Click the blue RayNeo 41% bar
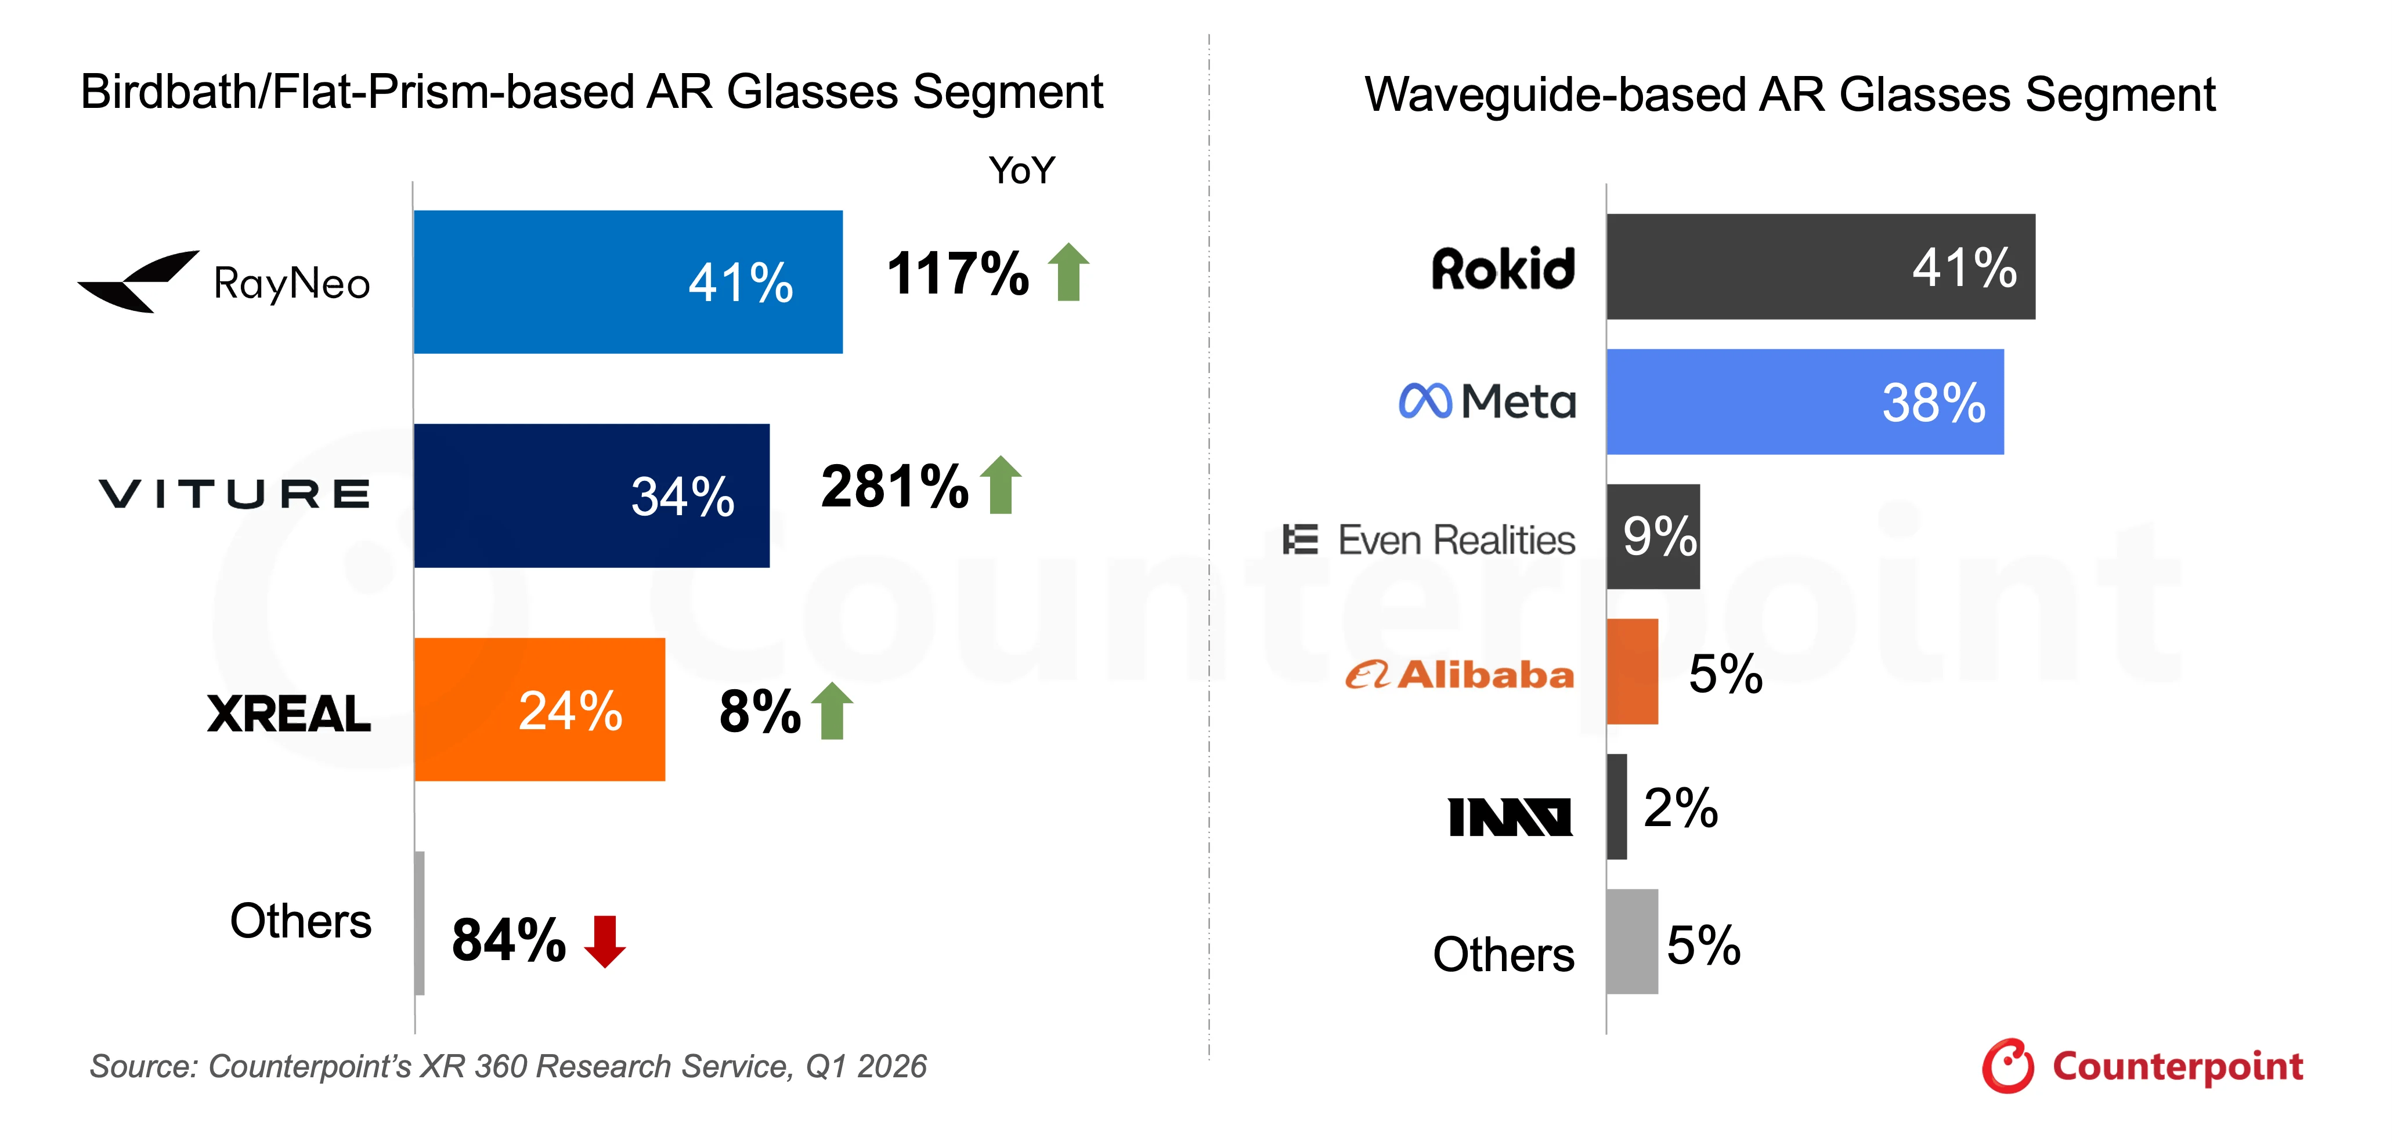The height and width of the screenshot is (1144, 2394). pyautogui.click(x=628, y=281)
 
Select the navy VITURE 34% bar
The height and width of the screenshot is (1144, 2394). pyautogui.click(x=592, y=495)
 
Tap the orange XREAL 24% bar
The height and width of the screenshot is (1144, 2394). pyautogui.click(x=540, y=709)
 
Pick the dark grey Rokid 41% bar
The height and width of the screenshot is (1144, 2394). pyautogui.click(x=1821, y=267)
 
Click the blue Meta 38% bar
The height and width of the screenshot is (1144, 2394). pyautogui.click(x=1805, y=401)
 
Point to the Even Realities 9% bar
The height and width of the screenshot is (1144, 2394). pyautogui.click(x=1653, y=536)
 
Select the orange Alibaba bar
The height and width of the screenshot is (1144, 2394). pyautogui.click(x=1632, y=671)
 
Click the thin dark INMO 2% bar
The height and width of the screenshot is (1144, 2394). pyautogui.click(x=1617, y=806)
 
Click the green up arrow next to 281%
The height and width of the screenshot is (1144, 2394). pyautogui.click(x=1001, y=484)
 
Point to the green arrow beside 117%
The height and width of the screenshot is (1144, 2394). pyautogui.click(x=1069, y=271)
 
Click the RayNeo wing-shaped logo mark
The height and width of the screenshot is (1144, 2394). pyautogui.click(x=139, y=281)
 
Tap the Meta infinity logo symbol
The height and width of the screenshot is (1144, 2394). pyautogui.click(x=1425, y=401)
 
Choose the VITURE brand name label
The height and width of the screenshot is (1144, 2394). pyautogui.click(x=234, y=494)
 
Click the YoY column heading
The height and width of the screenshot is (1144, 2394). pyautogui.click(x=1021, y=171)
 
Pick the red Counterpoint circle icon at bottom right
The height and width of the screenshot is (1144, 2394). pyautogui.click(x=2007, y=1066)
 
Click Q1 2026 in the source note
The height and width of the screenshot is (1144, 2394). pyautogui.click(x=866, y=1066)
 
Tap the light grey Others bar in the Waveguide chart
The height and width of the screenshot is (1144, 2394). pyautogui.click(x=1632, y=942)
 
